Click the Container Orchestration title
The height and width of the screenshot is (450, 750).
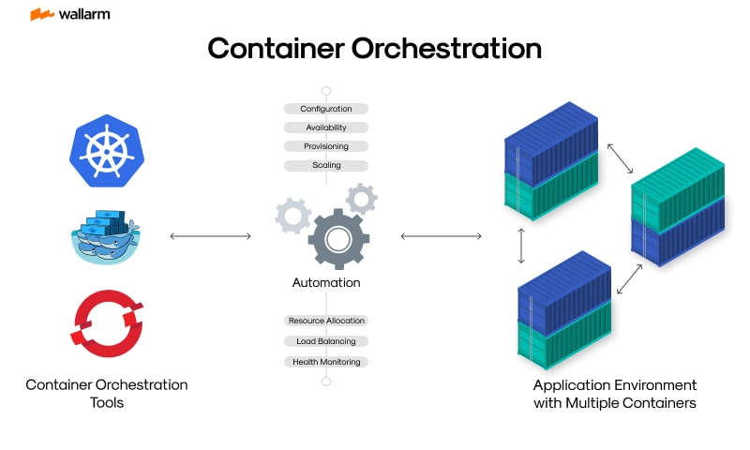click(374, 49)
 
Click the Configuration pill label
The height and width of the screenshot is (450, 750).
click(326, 109)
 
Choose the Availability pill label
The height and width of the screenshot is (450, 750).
click(326, 127)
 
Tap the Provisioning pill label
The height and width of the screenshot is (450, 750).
click(326, 146)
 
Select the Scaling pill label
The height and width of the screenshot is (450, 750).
click(326, 165)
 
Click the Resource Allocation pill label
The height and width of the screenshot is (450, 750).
click(326, 321)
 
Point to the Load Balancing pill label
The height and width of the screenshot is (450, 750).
click(326, 341)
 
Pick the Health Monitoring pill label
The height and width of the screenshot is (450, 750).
click(326, 362)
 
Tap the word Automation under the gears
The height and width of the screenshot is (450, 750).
click(326, 282)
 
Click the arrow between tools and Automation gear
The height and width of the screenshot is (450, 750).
click(211, 236)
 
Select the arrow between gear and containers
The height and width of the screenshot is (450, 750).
click(441, 236)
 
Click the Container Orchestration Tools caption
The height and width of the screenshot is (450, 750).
click(106, 393)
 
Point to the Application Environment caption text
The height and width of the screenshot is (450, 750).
click(614, 394)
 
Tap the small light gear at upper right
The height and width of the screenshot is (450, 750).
click(361, 198)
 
